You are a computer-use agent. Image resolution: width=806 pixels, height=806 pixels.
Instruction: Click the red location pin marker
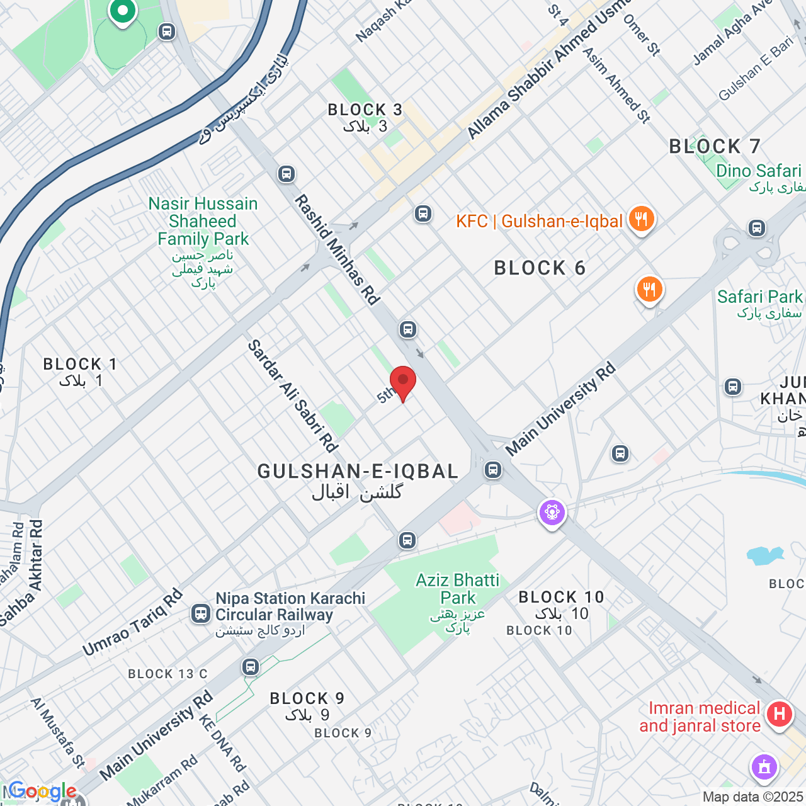coord(403,382)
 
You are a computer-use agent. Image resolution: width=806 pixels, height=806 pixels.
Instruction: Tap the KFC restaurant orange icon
coord(641,220)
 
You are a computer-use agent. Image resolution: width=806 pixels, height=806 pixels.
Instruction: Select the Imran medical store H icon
coord(779,714)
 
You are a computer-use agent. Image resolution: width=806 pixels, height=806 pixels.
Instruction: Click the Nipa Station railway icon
coord(201,613)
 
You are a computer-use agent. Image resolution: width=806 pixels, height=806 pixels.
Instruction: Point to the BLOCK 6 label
coord(540,268)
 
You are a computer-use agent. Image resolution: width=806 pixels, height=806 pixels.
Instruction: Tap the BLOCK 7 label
coord(715,147)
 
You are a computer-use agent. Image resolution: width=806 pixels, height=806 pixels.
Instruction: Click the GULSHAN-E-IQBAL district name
coord(358,472)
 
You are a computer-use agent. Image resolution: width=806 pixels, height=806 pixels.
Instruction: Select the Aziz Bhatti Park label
coord(457,589)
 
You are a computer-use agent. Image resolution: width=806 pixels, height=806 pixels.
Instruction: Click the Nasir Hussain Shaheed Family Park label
coord(203,222)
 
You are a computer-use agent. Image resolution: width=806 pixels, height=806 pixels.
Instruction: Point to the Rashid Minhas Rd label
coord(338,250)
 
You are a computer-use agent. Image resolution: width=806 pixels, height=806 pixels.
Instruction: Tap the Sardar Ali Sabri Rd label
coord(292,395)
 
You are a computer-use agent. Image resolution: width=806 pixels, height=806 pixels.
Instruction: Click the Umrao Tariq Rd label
coord(132,622)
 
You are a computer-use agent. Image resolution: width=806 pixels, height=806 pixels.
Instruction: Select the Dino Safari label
coord(758,171)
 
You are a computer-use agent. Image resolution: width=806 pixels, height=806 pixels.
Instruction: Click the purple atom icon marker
coord(552,513)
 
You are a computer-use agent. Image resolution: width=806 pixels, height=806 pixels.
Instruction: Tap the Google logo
coord(42,792)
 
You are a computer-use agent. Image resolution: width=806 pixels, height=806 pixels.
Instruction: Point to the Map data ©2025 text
coord(753,797)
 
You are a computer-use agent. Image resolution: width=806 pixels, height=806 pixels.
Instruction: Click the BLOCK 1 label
coord(80,365)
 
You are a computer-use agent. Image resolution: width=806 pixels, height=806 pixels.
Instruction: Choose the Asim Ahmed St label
coord(616,84)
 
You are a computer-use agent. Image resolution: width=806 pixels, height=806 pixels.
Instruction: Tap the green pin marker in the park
coord(122,11)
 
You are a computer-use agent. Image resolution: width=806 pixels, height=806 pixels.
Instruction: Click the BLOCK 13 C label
coord(167,674)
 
